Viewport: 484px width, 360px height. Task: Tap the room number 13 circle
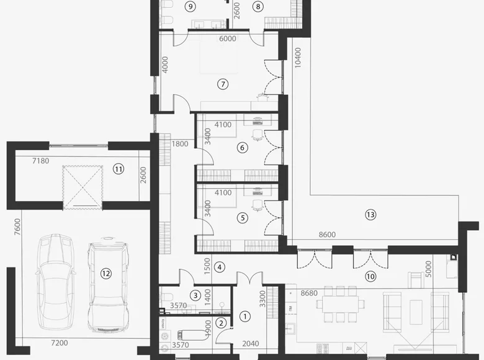370,215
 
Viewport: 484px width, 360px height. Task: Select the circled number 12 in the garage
106,272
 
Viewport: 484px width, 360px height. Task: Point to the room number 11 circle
119,168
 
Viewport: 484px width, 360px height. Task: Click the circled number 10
370,276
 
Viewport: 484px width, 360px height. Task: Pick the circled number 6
243,148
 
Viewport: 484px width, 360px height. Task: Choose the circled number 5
243,218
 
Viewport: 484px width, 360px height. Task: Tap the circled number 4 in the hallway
219,267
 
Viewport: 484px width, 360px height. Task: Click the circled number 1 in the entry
244,316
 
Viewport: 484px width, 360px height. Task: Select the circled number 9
191,6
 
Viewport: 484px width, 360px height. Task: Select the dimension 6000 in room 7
228,38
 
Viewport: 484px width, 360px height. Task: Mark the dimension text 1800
179,144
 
